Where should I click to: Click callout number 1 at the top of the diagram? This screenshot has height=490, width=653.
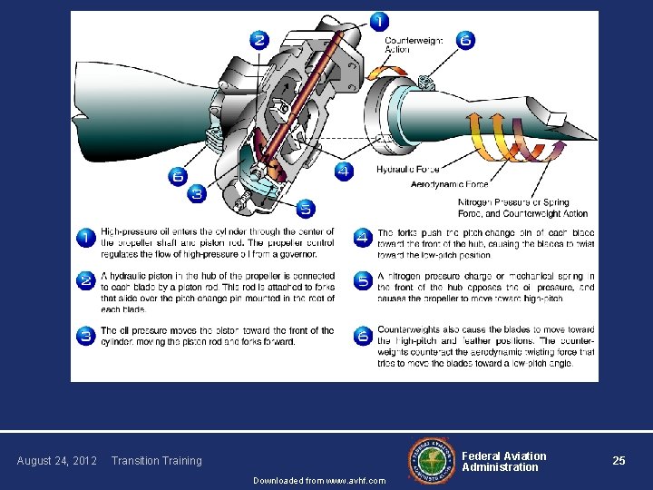tap(378, 21)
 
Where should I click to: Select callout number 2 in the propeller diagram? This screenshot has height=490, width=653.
tap(259, 40)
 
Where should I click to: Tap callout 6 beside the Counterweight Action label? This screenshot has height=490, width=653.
tap(465, 40)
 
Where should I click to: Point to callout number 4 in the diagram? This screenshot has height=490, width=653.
tap(344, 171)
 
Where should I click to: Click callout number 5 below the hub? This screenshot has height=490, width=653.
tap(305, 209)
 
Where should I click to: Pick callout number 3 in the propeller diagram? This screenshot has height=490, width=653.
tap(197, 194)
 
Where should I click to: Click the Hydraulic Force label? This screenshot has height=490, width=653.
tap(408, 170)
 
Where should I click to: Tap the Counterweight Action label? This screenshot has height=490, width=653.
tap(414, 45)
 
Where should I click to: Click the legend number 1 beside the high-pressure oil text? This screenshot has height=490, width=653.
tap(85, 238)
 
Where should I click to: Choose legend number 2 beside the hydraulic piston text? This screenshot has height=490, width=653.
tap(85, 281)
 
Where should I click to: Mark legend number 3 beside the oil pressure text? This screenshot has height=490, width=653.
tap(85, 336)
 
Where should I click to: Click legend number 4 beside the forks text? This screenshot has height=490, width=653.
tap(362, 238)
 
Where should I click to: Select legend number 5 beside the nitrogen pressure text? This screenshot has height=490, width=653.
tap(362, 281)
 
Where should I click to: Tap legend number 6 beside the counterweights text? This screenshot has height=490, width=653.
tap(362, 336)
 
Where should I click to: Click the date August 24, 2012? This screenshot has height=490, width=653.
tap(57, 461)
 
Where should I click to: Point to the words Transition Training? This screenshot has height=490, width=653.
tap(156, 461)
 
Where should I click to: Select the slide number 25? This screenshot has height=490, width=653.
tap(619, 461)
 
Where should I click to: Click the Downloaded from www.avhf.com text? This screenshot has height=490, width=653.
tap(318, 480)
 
